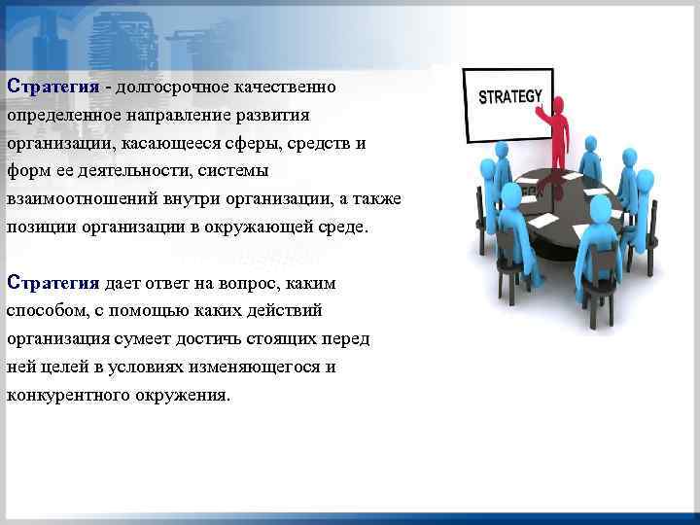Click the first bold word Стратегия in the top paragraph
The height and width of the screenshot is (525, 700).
[53, 87]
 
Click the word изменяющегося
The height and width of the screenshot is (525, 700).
[251, 367]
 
